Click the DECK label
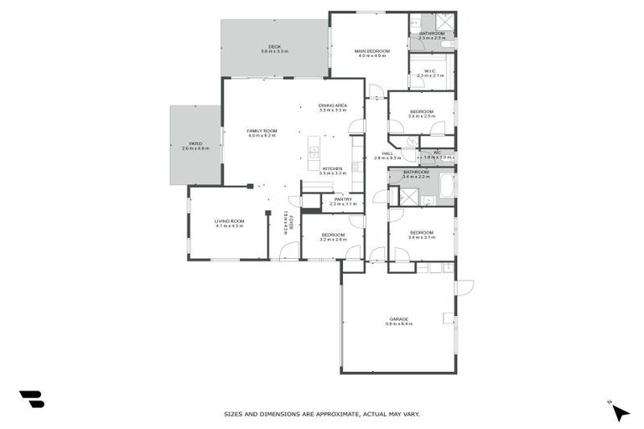click(x=273, y=46)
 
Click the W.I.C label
click(x=428, y=70)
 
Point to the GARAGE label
click(x=398, y=318)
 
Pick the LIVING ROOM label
click(x=229, y=220)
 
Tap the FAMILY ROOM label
click(x=262, y=131)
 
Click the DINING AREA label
click(x=332, y=105)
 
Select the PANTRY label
click(x=343, y=199)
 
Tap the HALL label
click(x=387, y=153)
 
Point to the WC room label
click(x=437, y=152)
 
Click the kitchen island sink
click(x=314, y=152)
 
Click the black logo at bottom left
click(x=32, y=400)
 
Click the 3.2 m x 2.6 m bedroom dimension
click(x=333, y=240)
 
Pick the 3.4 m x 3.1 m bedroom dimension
click(x=421, y=237)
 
